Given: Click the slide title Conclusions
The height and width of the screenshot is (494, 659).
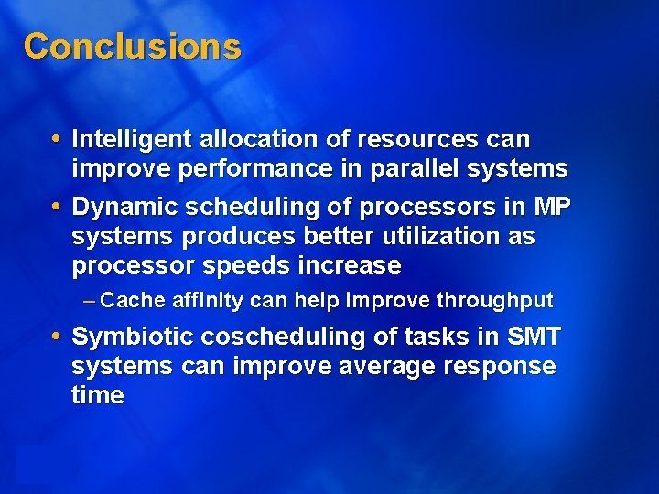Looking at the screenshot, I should click(132, 46).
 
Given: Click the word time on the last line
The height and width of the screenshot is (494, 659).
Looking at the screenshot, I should click(97, 396).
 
